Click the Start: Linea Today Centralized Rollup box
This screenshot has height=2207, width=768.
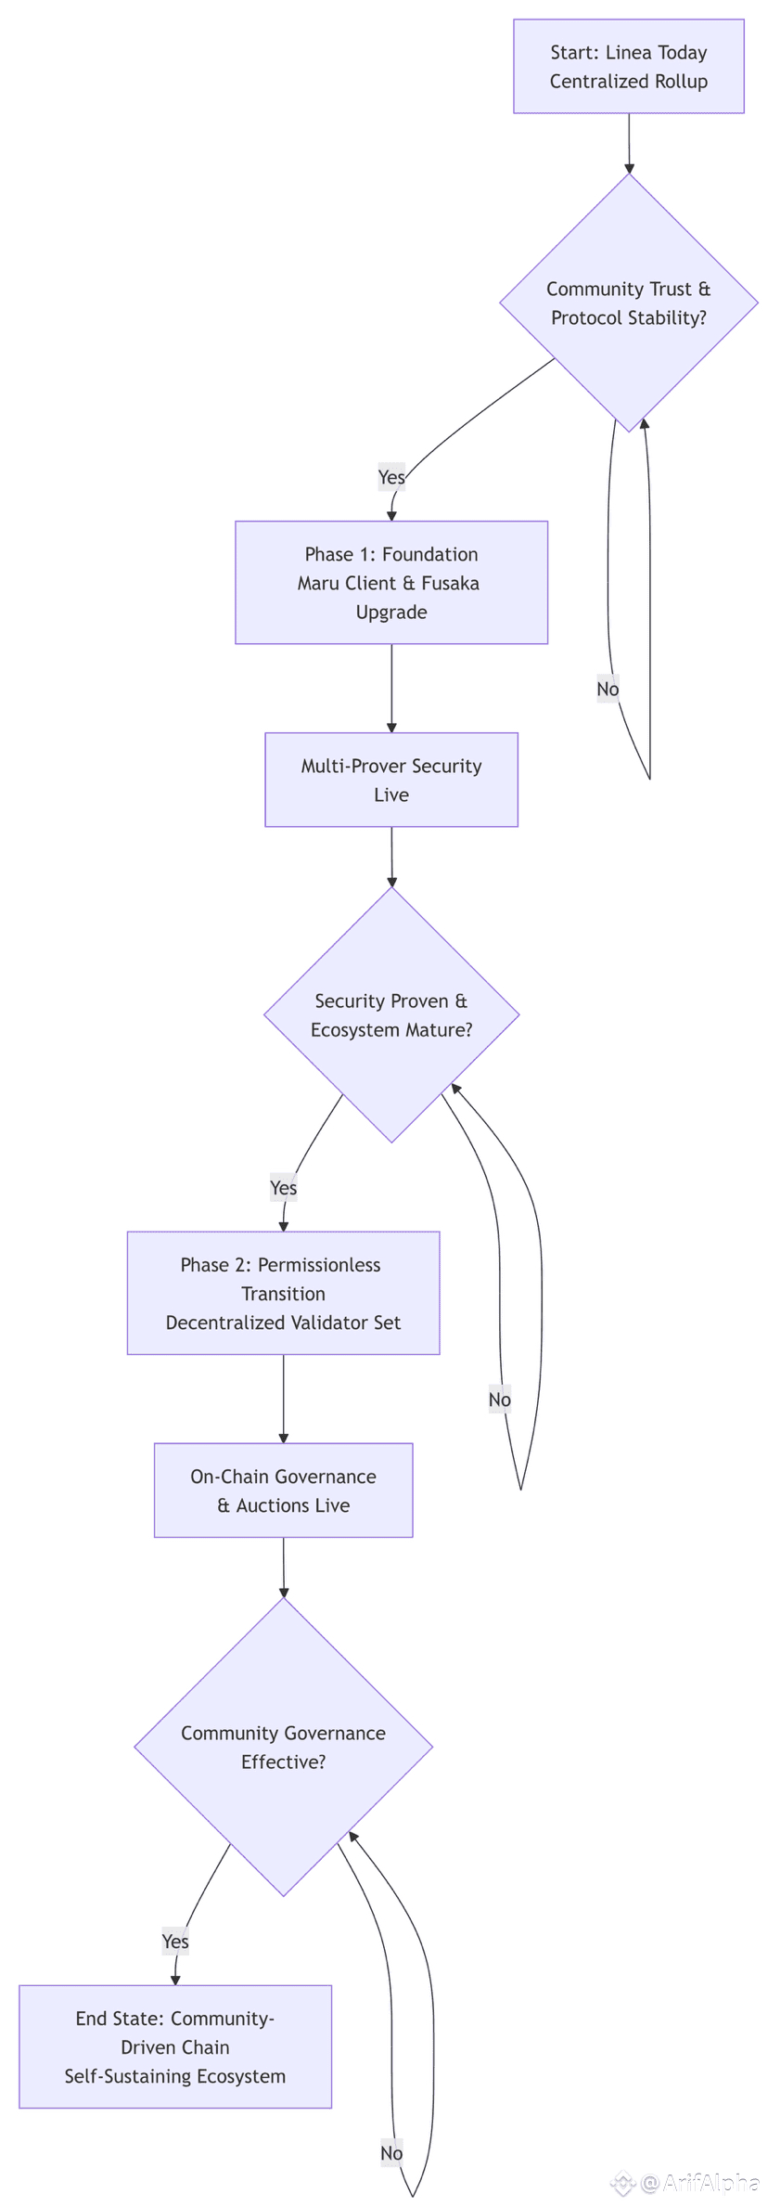tap(628, 67)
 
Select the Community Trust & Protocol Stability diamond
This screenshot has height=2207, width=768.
tap(628, 303)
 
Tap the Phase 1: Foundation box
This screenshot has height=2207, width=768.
tap(391, 582)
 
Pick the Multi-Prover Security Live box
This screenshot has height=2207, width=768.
tap(391, 780)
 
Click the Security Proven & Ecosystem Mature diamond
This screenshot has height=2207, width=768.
tap(391, 1014)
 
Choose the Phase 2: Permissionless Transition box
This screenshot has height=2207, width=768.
tap(283, 1293)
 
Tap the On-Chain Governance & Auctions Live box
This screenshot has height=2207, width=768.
tap(283, 1491)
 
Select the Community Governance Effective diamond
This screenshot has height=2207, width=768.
tap(283, 1747)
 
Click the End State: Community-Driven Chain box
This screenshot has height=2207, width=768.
tap(175, 2046)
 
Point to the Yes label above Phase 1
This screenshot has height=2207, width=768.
tap(391, 477)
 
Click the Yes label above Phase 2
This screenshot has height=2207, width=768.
tap(283, 1188)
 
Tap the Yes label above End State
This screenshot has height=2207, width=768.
tap(175, 1942)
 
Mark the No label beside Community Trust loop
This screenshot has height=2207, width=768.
tap(608, 689)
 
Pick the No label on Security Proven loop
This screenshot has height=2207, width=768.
tap(500, 1400)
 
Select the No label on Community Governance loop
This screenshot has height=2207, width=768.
tap(391, 2153)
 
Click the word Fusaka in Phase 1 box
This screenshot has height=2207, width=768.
tap(450, 583)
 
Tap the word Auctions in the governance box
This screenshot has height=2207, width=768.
tap(292, 1505)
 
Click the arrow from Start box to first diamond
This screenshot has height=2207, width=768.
tap(629, 144)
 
